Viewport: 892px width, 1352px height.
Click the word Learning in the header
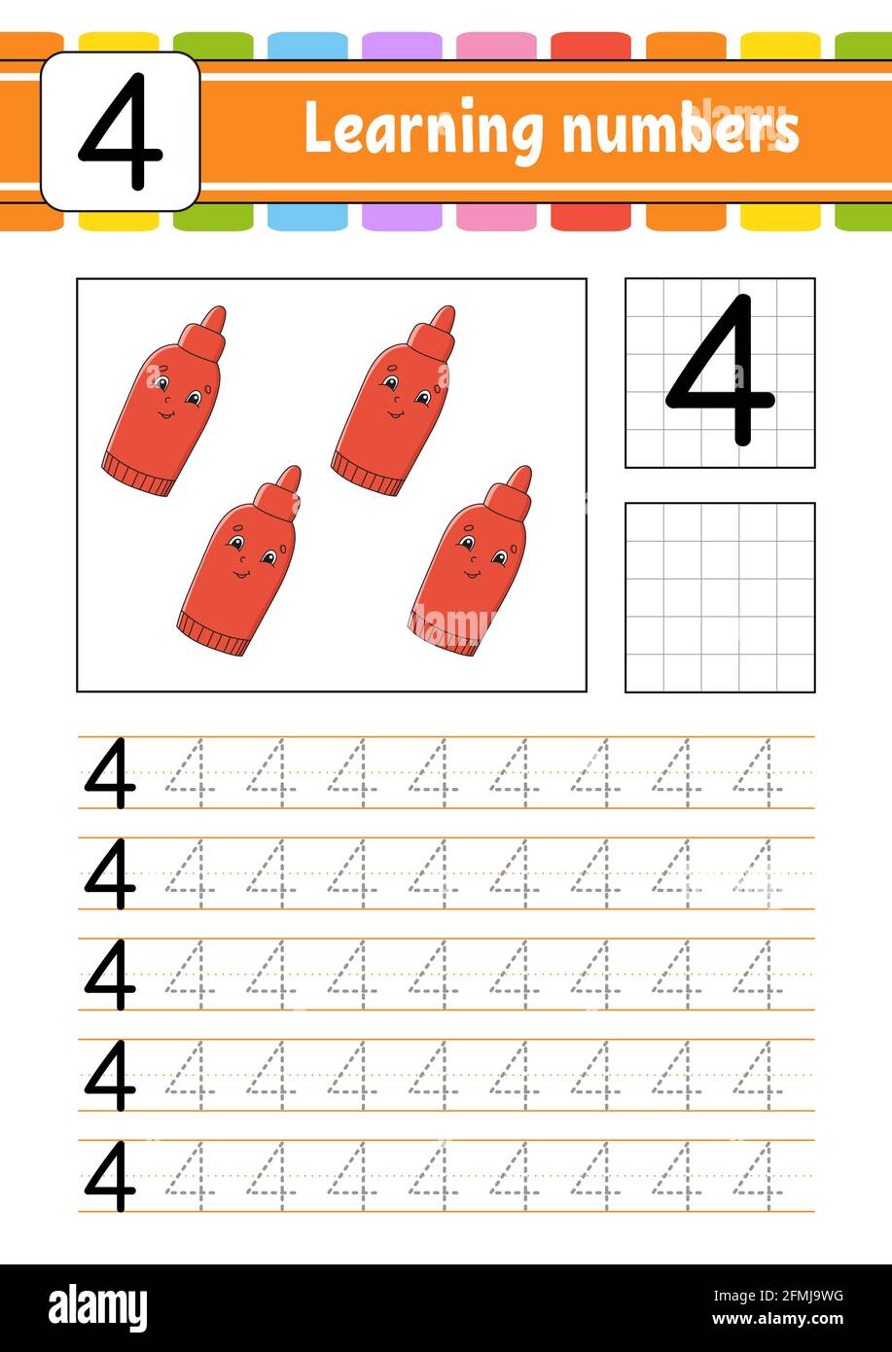[424, 128]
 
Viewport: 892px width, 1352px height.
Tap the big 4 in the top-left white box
[120, 131]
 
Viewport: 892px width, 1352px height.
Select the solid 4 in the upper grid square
[720, 372]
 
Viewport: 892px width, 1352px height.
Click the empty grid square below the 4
[720, 597]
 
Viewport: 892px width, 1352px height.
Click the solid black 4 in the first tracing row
[110, 773]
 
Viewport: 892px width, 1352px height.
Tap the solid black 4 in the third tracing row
[110, 975]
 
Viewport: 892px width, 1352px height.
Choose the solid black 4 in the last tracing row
[110, 1177]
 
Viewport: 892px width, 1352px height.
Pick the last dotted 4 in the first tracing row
[757, 773]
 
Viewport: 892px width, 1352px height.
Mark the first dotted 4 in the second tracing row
[190, 873]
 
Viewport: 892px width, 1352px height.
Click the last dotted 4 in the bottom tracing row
[757, 1177]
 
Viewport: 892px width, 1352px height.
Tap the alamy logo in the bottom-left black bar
[97, 1308]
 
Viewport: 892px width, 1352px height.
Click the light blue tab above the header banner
[307, 45]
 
